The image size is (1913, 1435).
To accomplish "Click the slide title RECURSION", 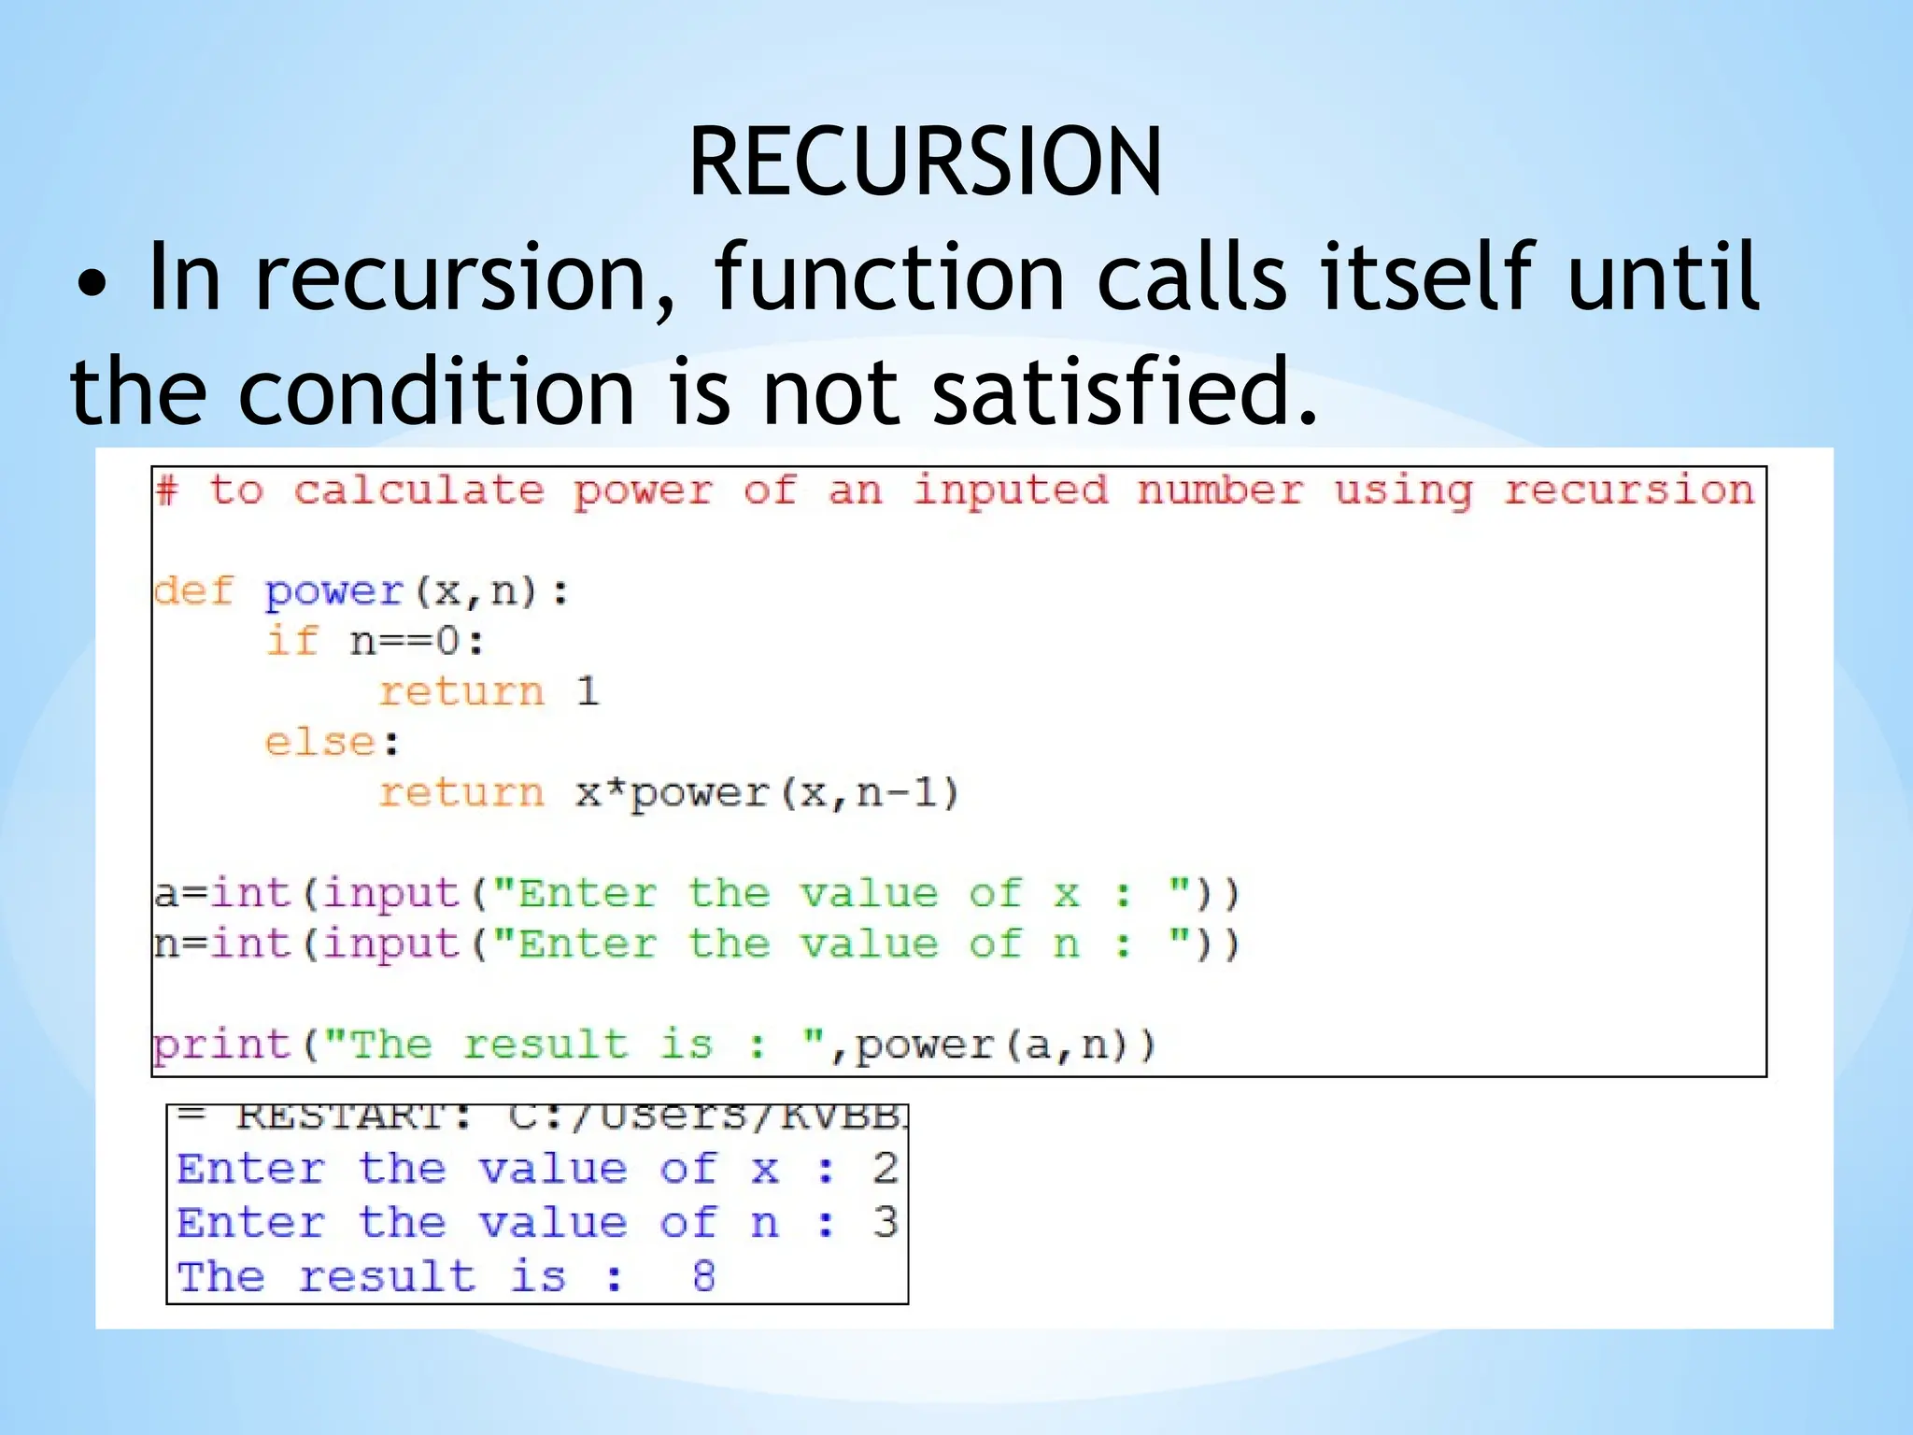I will coord(925,163).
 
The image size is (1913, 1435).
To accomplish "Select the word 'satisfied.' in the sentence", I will coord(1126,391).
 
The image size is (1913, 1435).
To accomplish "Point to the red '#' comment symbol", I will coord(167,490).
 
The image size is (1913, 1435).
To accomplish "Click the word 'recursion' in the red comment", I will coord(1628,490).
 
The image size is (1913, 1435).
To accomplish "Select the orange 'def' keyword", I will coord(193,590).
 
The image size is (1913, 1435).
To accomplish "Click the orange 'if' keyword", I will coord(292,641).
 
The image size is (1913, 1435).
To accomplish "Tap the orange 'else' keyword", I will coord(320,742).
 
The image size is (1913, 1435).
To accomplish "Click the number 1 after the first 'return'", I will coord(587,691).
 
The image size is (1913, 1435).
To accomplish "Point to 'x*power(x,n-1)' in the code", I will coord(767,793).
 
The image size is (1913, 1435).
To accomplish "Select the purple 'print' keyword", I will coord(222,1044).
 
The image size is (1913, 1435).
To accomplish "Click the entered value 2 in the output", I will coord(885,1169).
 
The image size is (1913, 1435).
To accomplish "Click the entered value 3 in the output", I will coord(885,1222).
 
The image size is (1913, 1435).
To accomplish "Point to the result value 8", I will coord(704,1276).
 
